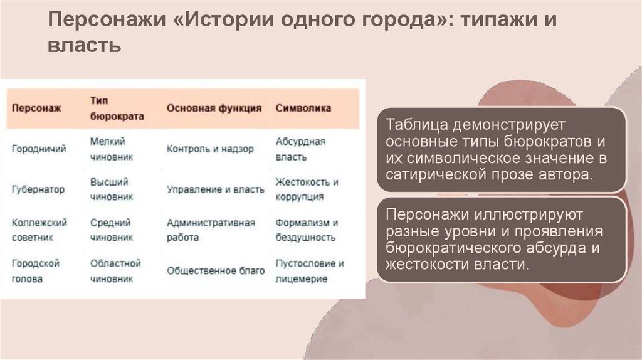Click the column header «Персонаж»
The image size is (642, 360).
click(x=36, y=108)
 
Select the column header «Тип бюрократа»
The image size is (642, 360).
click(x=117, y=108)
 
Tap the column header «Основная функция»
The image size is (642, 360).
click(x=214, y=108)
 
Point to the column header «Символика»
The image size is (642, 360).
click(x=303, y=108)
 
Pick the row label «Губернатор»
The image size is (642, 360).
click(x=38, y=189)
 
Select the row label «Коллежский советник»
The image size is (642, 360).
click(x=39, y=230)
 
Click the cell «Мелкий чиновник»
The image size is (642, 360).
click(x=112, y=149)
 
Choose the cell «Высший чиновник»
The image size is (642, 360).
click(x=112, y=189)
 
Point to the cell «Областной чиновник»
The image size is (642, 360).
click(x=115, y=271)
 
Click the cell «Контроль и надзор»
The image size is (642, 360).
click(x=210, y=149)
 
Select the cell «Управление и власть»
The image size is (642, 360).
click(x=215, y=189)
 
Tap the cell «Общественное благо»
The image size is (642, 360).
click(x=215, y=271)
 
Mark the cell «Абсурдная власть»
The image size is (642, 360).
click(x=300, y=149)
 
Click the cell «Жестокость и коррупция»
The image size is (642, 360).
click(x=307, y=189)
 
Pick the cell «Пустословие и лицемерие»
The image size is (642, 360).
click(x=309, y=271)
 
